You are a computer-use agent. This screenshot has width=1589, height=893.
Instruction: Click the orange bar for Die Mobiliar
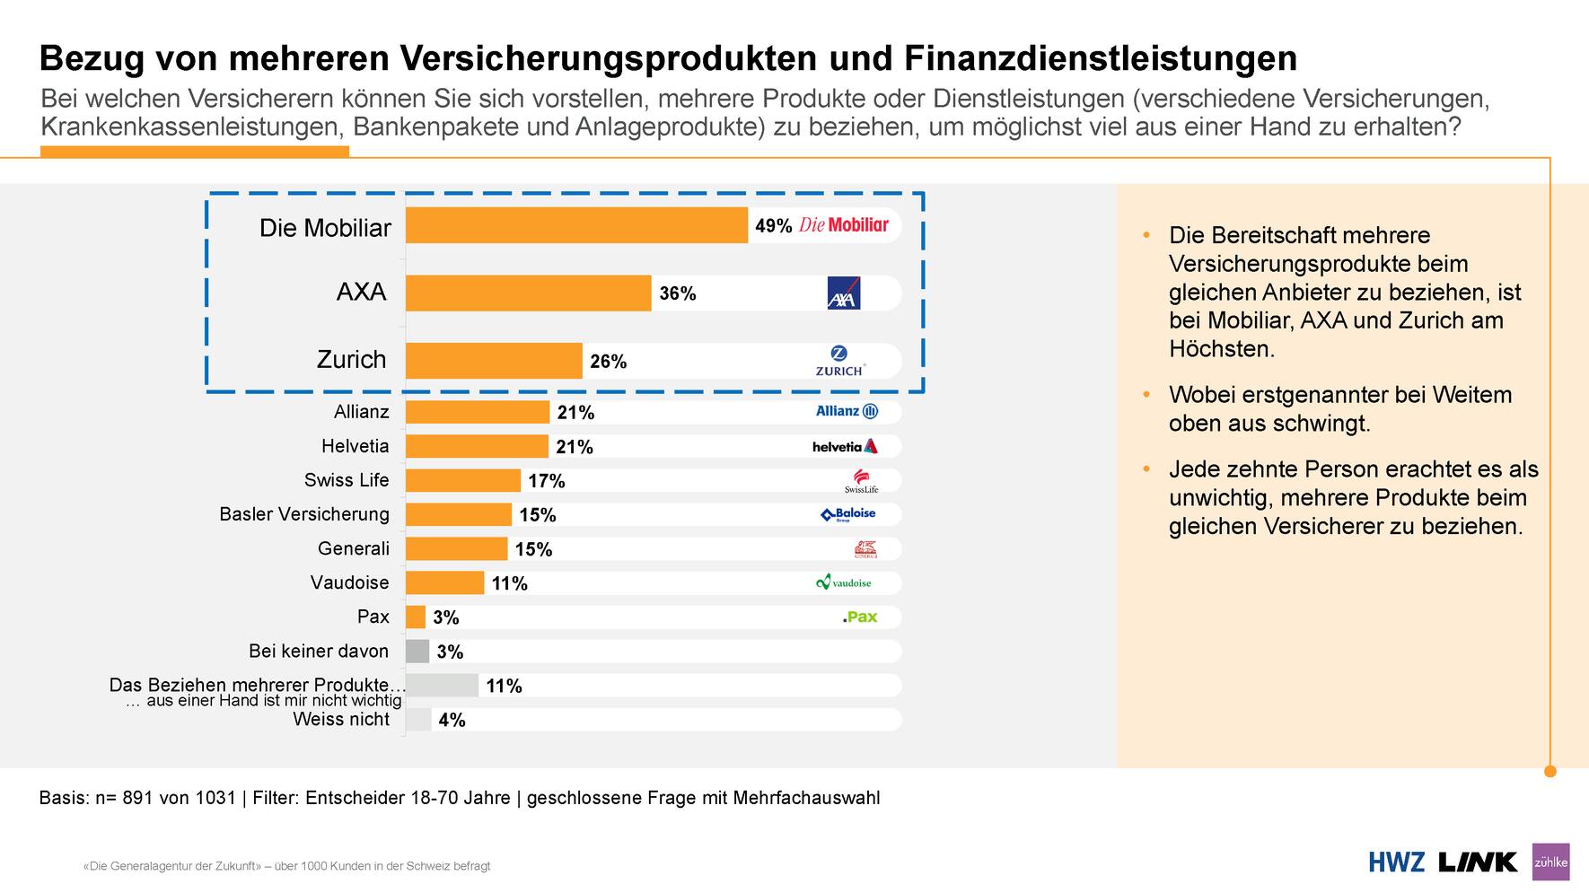pyautogui.click(x=576, y=225)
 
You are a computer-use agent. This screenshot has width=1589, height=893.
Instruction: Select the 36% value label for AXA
pyautogui.click(x=677, y=293)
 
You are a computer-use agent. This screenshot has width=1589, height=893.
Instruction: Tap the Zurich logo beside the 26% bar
pyautogui.click(x=839, y=361)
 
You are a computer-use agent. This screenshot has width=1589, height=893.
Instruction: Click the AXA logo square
pyautogui.click(x=843, y=293)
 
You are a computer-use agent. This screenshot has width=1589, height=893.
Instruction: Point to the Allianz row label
pyautogui.click(x=361, y=412)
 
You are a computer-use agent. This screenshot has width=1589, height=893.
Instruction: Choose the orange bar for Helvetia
pyautogui.click(x=477, y=446)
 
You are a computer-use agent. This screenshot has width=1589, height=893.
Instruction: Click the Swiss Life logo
pyautogui.click(x=861, y=480)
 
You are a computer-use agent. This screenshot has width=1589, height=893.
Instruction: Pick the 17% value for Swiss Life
pyautogui.click(x=546, y=481)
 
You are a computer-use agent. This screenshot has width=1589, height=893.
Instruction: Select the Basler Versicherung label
pyautogui.click(x=304, y=514)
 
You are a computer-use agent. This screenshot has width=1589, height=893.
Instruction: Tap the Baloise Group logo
pyautogui.click(x=848, y=514)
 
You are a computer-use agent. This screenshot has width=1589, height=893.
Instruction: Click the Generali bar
pyautogui.click(x=456, y=548)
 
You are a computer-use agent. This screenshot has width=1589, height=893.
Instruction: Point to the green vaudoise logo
pyautogui.click(x=843, y=582)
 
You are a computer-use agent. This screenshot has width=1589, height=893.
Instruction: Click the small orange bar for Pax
pyautogui.click(x=415, y=617)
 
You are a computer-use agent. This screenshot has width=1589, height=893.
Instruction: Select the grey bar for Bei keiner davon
pyautogui.click(x=417, y=651)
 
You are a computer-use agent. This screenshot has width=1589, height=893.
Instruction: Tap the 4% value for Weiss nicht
pyautogui.click(x=452, y=720)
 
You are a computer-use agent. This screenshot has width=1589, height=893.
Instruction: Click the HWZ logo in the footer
pyautogui.click(x=1396, y=862)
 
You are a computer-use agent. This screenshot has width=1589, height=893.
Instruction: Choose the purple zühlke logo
pyautogui.click(x=1550, y=862)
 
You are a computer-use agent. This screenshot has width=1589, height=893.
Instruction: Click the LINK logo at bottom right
pyautogui.click(x=1477, y=862)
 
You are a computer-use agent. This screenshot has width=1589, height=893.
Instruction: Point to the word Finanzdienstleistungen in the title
pyautogui.click(x=1100, y=57)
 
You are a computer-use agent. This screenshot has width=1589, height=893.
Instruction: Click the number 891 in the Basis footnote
pyautogui.click(x=137, y=798)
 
